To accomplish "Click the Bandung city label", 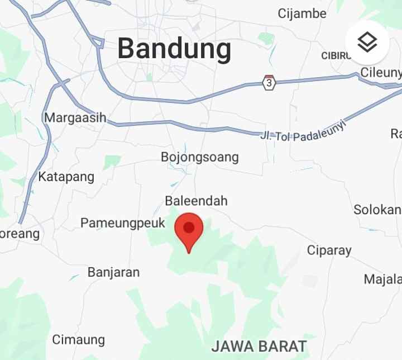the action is point(174,49).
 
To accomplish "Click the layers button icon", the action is point(367,42).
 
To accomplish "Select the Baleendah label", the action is point(196,201).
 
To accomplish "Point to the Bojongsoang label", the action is point(199,157).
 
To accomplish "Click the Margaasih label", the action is point(75,118).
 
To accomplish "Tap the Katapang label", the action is point(66,177).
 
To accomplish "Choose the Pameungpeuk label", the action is point(123,223).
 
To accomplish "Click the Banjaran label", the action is point(113,272).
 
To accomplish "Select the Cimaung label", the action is point(78,339).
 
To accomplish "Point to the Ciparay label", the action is point(329,250).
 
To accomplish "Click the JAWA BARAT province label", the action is point(259,346).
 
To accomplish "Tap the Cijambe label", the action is point(302,13).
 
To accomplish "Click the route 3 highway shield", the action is point(269,83).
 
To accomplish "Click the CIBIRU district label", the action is point(336,56).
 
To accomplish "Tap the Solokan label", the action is point(377,210).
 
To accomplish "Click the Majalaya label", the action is point(382,279).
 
